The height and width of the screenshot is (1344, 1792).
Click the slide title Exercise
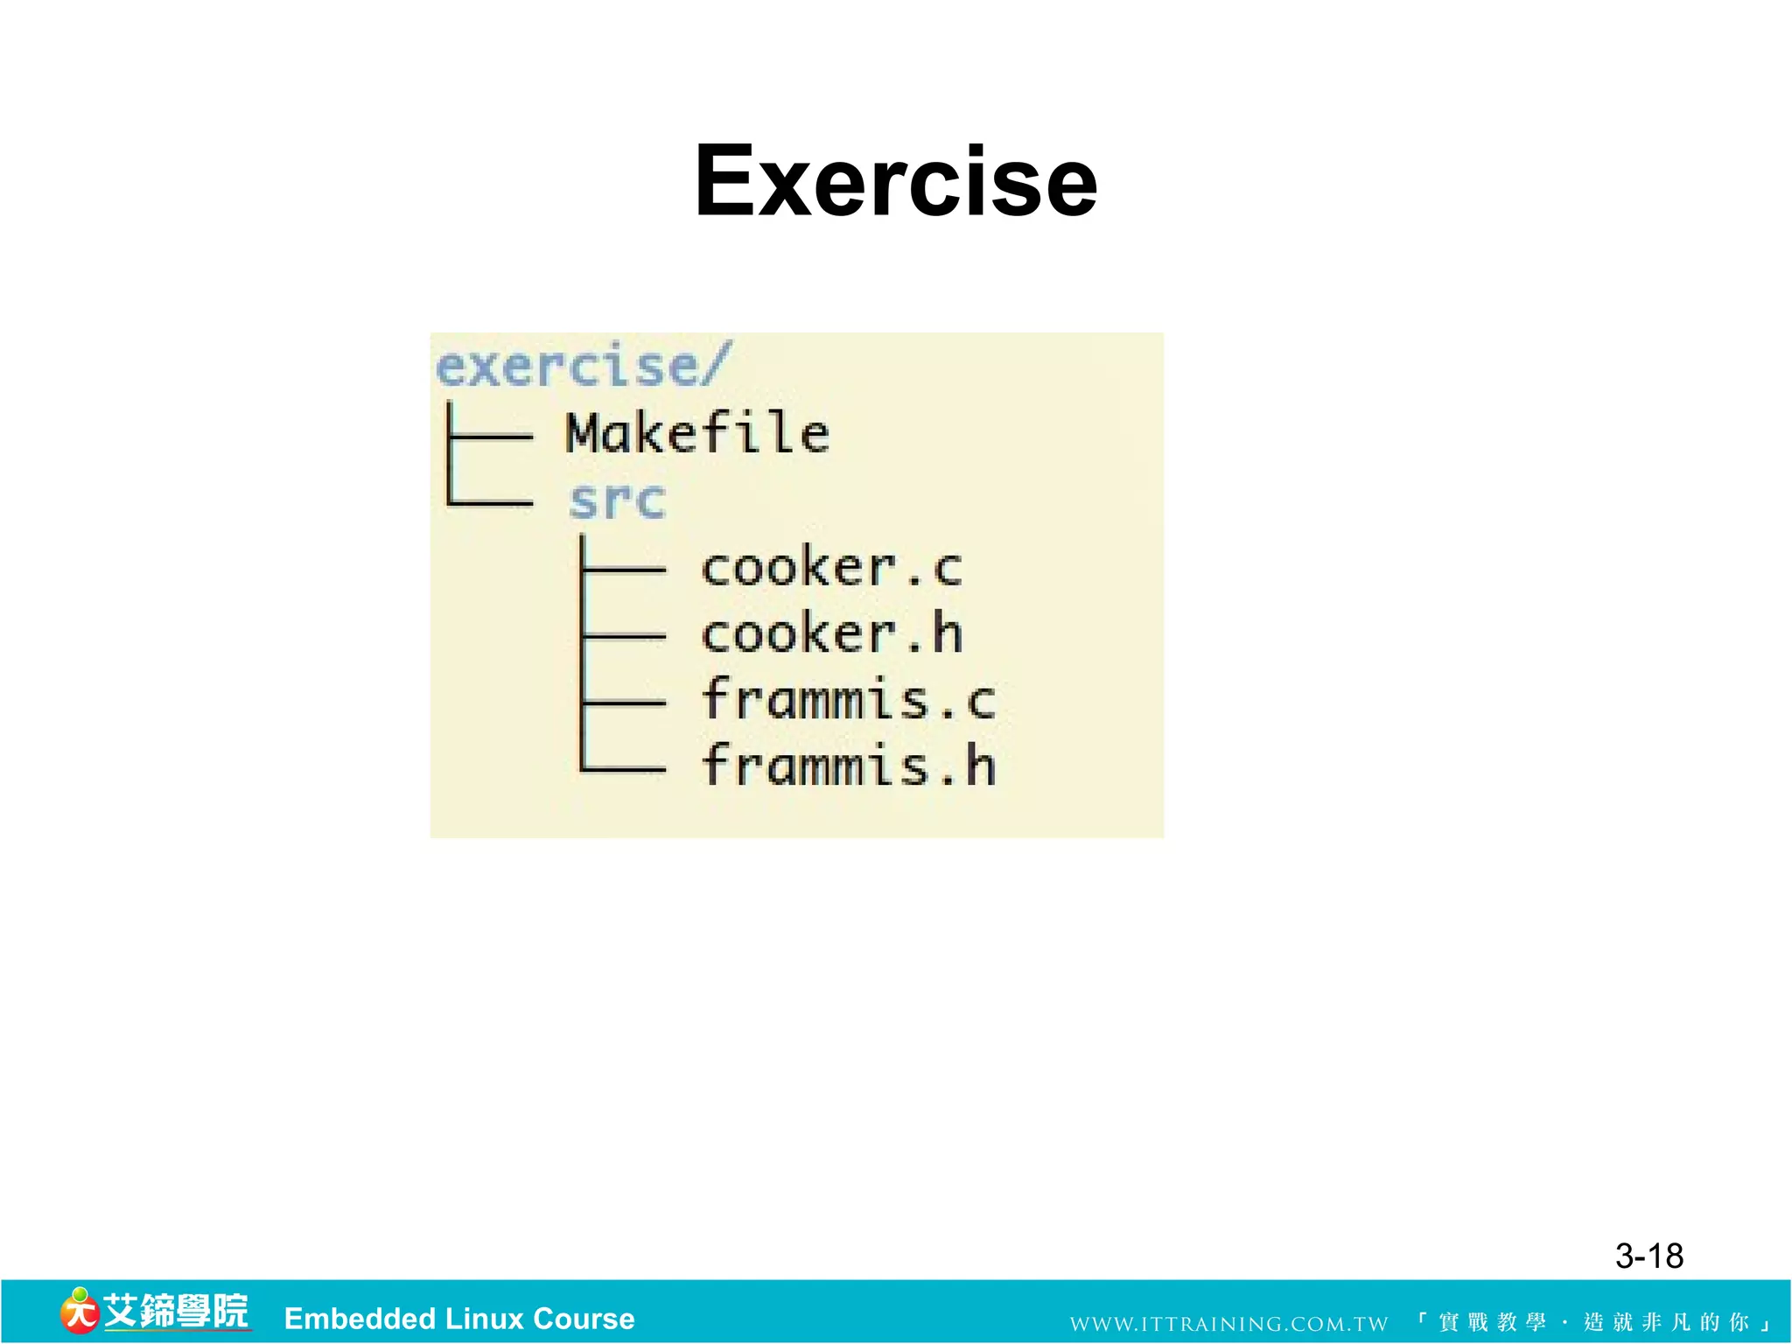tap(895, 181)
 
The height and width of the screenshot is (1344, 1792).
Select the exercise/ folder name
tap(582, 366)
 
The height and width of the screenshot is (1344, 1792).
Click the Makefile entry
tap(697, 433)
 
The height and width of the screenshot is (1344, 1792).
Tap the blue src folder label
tap(617, 501)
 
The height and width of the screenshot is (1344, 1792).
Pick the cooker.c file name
tap(831, 568)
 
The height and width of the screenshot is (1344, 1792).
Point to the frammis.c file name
tap(848, 700)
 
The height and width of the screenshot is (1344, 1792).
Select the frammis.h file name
tap(848, 766)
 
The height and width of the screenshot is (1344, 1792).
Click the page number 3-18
tap(1648, 1256)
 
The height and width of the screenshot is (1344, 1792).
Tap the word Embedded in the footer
tap(360, 1319)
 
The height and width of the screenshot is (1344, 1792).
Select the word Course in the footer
tap(584, 1319)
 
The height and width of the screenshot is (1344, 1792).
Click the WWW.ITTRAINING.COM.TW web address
tap(1228, 1324)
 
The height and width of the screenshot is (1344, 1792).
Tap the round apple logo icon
tap(79, 1312)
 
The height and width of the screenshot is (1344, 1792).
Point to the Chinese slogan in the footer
tap(1594, 1322)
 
